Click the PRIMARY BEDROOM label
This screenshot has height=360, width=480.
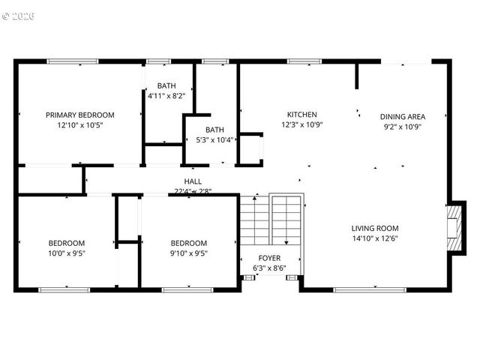coord(80,115)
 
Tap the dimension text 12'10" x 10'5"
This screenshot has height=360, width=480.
coord(80,125)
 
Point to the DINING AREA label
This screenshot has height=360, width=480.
coord(403,116)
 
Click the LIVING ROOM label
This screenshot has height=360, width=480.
coord(375,228)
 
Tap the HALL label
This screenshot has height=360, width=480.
coord(193,181)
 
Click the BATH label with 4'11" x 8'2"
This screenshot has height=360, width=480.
coord(166,85)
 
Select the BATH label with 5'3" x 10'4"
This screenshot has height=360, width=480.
coord(214,129)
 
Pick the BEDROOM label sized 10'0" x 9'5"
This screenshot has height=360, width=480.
coord(67,243)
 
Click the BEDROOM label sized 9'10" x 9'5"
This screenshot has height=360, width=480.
coord(188,243)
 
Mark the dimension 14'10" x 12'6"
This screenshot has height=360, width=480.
coord(375,238)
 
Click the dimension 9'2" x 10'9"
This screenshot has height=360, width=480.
coord(403,127)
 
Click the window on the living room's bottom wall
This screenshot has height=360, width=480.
coord(364,289)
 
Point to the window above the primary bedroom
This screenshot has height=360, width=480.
coord(73,61)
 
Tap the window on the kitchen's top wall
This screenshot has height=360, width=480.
coord(300,61)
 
